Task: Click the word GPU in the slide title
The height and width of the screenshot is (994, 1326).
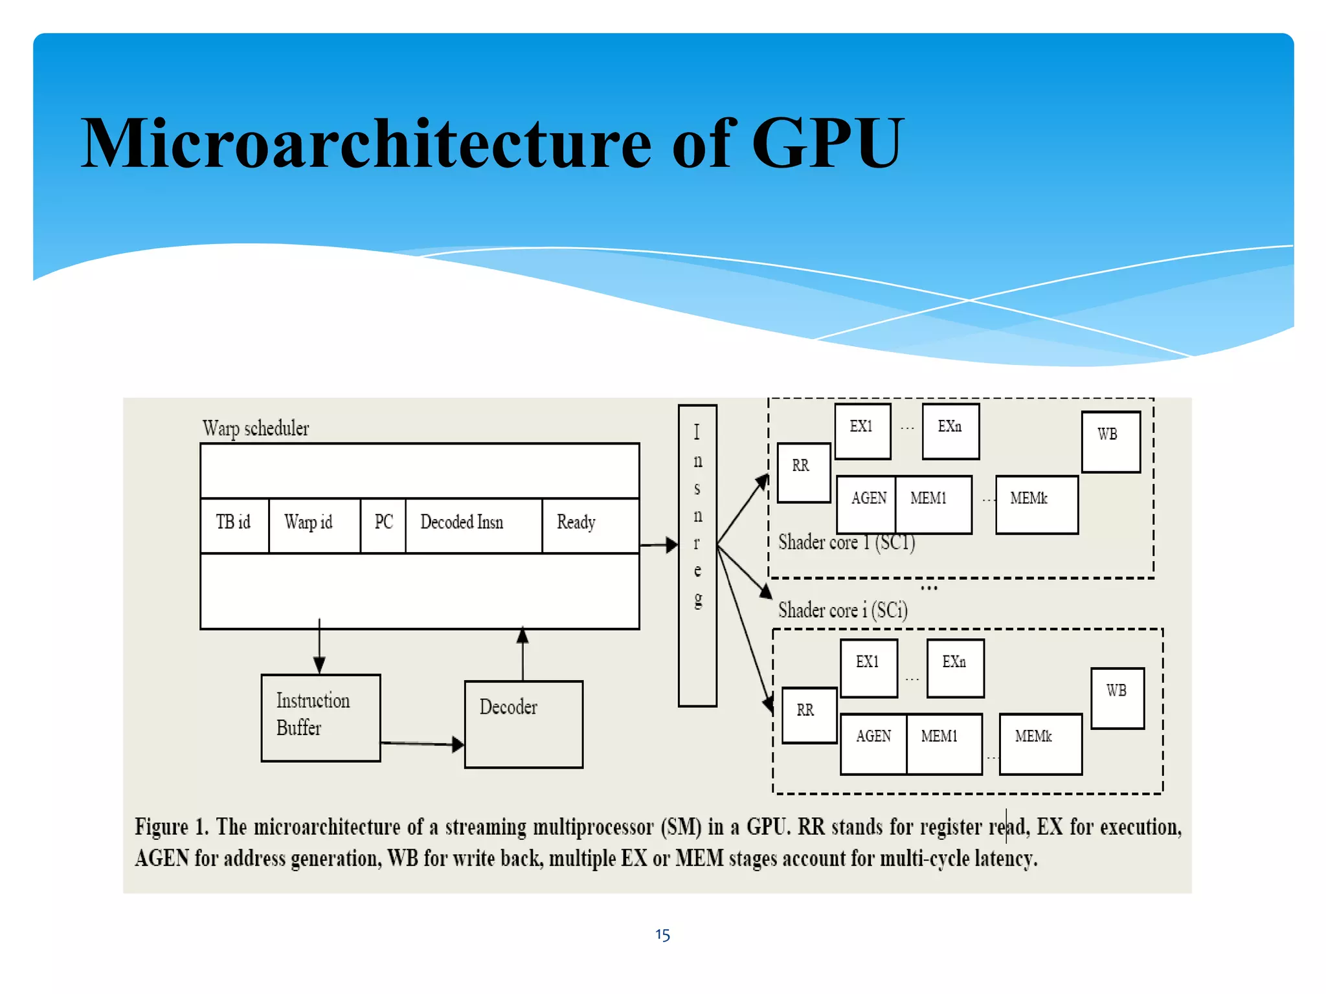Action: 827,144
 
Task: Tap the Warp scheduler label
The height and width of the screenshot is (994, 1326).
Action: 256,428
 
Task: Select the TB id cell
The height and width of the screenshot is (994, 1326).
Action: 234,523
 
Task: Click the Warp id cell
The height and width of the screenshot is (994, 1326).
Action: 309,523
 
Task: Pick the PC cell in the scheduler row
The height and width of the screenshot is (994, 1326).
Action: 383,523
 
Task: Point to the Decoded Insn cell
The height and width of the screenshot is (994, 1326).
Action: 462,523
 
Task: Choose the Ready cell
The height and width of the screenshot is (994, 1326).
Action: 576,523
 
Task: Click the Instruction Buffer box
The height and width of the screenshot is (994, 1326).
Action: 320,718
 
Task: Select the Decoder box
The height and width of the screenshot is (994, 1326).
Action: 523,723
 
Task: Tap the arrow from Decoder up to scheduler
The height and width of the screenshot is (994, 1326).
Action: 523,654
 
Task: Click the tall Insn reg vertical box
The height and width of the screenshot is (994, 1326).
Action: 697,555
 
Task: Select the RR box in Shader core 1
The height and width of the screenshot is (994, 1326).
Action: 803,472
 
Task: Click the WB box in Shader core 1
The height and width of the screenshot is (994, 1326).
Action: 1110,441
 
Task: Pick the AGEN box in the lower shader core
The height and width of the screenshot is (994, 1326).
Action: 873,743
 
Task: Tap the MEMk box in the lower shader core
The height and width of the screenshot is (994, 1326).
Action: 1040,743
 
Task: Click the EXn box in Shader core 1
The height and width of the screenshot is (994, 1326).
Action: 950,431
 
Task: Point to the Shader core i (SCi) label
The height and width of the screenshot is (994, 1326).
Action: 842,610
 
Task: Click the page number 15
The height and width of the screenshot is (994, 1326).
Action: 662,934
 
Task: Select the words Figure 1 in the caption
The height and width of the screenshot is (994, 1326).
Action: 170,827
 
